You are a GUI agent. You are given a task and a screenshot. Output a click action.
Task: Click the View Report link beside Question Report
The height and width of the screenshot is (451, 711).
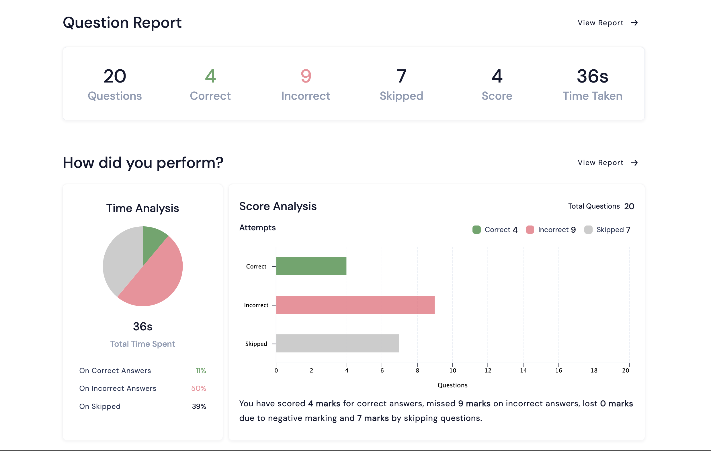click(x=608, y=23)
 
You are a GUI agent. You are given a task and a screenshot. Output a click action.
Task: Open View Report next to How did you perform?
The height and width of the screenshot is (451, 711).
click(x=608, y=163)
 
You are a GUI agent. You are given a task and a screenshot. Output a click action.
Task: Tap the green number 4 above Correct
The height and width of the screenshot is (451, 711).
click(x=210, y=76)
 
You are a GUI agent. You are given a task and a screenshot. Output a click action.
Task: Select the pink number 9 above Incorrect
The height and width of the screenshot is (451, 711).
click(x=306, y=76)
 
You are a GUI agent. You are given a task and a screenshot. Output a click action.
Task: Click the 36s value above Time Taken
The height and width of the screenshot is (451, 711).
click(x=592, y=76)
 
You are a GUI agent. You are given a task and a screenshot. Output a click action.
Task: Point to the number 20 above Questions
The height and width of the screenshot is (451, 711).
click(x=115, y=76)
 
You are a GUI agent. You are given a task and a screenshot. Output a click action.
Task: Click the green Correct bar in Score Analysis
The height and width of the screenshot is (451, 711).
click(x=311, y=266)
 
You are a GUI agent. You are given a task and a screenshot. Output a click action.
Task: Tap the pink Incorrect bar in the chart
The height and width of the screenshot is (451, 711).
click(x=355, y=305)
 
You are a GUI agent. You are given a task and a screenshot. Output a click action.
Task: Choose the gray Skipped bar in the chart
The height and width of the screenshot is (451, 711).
click(x=337, y=343)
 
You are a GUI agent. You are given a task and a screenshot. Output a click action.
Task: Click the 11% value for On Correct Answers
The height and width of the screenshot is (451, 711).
click(x=201, y=370)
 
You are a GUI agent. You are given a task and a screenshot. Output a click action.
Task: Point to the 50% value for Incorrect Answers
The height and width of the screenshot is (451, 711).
click(x=198, y=389)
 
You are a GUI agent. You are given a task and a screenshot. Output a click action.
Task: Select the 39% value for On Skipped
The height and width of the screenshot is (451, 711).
click(x=199, y=406)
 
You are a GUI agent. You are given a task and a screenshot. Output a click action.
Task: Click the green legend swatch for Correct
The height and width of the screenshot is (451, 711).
click(x=476, y=230)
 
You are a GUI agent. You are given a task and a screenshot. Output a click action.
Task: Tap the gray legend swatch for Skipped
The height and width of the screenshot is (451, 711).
click(x=588, y=230)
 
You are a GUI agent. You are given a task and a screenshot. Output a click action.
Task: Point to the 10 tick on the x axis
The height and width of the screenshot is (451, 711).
click(x=453, y=370)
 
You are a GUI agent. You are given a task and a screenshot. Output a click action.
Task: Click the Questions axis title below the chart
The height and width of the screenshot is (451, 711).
click(x=452, y=385)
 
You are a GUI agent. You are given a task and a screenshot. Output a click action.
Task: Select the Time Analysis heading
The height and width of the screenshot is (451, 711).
click(x=142, y=208)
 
